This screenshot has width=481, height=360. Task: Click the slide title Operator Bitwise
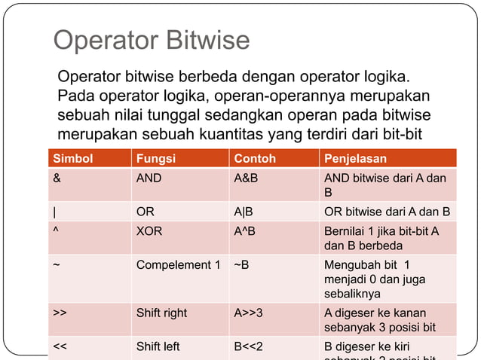pos(151,41)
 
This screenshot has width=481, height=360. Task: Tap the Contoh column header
pos(255,159)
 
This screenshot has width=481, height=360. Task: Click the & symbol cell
pos(57,179)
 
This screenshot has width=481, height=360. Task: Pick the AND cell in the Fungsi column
pos(149,179)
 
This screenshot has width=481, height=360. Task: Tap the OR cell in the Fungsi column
pos(145,212)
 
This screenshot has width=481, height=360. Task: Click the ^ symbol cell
pos(56,231)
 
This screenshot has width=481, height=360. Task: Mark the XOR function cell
pos(149,231)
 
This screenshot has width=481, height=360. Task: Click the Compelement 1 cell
pos(178,265)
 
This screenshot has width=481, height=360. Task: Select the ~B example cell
pos(241,265)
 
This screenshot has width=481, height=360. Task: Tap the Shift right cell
pos(161,313)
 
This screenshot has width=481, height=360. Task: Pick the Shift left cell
pos(158,346)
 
